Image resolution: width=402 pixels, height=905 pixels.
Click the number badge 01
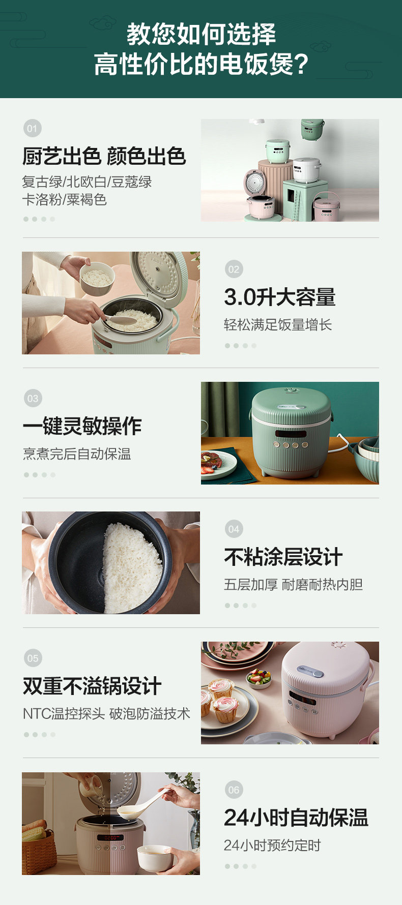[32, 128]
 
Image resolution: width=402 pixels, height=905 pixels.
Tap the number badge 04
[234, 529]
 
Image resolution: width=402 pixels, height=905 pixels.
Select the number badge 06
[234, 790]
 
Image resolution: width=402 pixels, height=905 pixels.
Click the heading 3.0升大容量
[279, 297]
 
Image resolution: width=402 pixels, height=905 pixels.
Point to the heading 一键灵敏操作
[82, 426]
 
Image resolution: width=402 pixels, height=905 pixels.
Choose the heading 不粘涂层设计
[283, 557]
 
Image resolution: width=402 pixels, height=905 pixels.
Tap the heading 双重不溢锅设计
[92, 686]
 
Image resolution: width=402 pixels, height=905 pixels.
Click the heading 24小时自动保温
[296, 818]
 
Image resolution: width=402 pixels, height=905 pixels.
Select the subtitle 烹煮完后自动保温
[77, 454]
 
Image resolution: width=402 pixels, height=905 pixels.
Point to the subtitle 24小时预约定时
[272, 845]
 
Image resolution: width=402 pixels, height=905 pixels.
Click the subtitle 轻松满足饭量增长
[278, 325]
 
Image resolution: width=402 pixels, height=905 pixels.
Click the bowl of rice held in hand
[97, 278]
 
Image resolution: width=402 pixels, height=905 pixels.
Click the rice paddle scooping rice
[122, 320]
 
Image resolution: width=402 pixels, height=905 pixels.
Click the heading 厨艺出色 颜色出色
[104, 156]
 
